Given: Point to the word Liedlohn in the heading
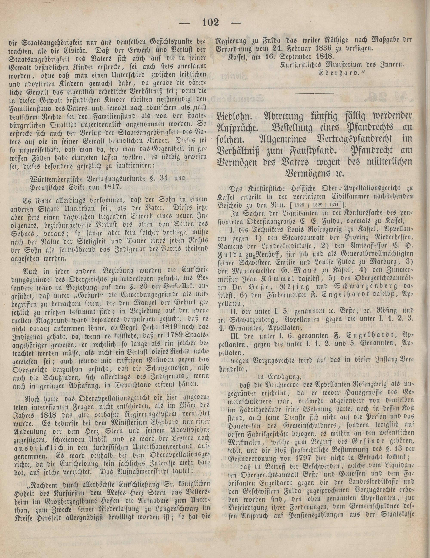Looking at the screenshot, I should [x=233, y=117].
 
